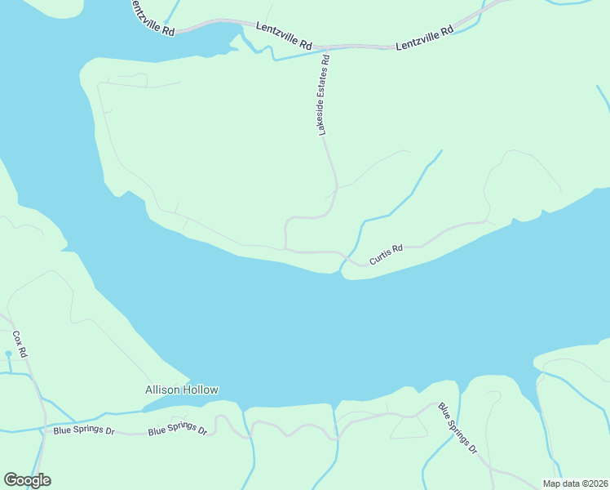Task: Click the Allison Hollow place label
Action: [182, 390]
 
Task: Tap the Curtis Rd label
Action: [386, 255]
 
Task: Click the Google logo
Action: [27, 480]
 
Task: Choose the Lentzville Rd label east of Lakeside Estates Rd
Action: [424, 39]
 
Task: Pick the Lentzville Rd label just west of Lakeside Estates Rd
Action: [284, 36]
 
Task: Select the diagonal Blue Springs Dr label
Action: [457, 428]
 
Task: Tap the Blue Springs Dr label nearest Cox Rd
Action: [84, 430]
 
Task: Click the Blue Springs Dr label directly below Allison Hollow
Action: [177, 430]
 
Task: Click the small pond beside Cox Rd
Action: [9, 354]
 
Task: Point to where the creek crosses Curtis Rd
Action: [347, 261]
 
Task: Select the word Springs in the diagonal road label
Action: [456, 427]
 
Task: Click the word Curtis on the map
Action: [380, 257]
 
